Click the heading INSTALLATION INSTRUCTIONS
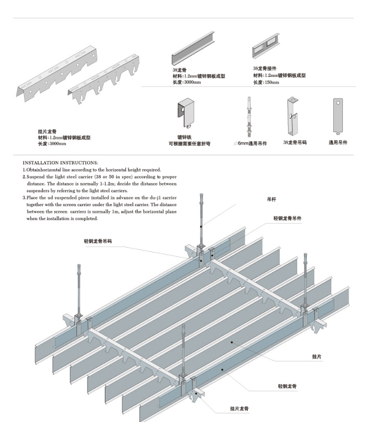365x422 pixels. coord(60,162)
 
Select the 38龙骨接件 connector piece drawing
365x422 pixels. coord(265,46)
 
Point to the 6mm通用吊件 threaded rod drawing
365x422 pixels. coord(249,118)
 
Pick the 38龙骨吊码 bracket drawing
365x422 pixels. coord(292,116)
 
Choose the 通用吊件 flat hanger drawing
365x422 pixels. coord(338,116)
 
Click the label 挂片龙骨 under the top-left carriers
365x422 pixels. coord(47,131)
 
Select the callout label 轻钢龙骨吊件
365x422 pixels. coord(288,218)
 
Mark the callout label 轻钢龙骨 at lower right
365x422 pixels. coord(287,386)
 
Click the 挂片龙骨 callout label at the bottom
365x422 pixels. coord(239,409)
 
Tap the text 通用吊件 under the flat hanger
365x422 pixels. coord(338,142)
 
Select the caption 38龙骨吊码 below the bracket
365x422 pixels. coord(295,142)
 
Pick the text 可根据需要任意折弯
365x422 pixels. coord(189,143)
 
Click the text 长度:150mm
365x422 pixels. coord(266,82)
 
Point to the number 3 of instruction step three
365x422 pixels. coord(24,198)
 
